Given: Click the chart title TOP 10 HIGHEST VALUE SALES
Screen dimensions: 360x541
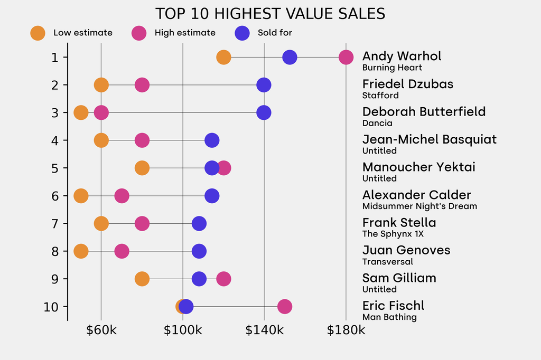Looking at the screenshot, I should (x=270, y=13).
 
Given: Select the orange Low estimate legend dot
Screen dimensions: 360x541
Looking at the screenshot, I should (x=38, y=33).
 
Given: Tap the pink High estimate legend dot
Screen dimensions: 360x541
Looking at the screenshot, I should (x=139, y=33).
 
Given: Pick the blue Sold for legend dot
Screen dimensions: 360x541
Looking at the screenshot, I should (x=242, y=33).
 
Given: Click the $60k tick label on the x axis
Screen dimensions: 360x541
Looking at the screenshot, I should (x=101, y=330).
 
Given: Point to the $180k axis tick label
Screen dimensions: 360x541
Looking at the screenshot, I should (x=346, y=330).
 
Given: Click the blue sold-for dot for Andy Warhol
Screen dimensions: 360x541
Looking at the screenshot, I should (x=290, y=57).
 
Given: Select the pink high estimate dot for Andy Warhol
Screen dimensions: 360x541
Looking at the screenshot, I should (x=346, y=57).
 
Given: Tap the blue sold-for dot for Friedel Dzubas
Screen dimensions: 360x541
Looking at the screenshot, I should (x=264, y=85).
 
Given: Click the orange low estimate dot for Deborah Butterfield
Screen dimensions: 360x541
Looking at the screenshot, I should (x=81, y=112).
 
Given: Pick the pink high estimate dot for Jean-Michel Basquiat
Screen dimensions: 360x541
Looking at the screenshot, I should (x=142, y=140).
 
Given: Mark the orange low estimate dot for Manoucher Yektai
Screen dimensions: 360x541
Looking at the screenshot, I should (x=142, y=168).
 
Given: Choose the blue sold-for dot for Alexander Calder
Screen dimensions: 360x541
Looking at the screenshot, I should (x=212, y=196).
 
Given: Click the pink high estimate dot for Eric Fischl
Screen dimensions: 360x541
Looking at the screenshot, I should (x=285, y=307).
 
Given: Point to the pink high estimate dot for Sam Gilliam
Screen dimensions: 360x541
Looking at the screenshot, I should (x=223, y=279).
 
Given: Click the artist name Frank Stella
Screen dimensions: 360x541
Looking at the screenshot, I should (x=399, y=223).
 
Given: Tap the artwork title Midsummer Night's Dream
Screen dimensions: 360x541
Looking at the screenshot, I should (x=419, y=206).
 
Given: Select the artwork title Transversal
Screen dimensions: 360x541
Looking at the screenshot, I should (x=387, y=262).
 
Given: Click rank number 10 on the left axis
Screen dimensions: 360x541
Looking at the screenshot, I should (x=51, y=307).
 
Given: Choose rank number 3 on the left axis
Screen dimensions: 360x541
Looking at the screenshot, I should (x=55, y=112).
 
